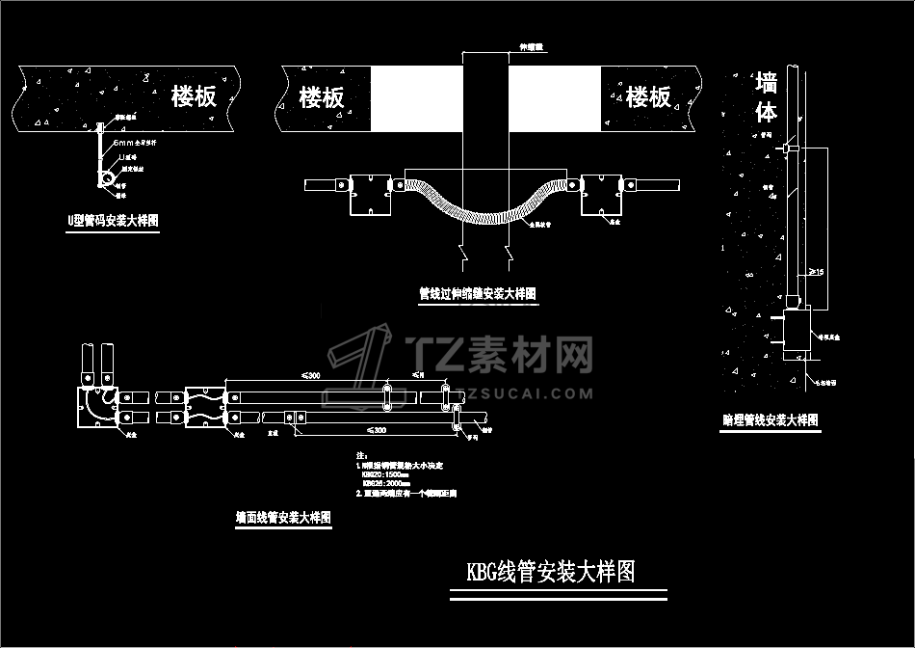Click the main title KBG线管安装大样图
[551, 572]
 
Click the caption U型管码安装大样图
[113, 221]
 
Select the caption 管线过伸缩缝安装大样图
[477, 293]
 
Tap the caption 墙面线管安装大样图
[283, 518]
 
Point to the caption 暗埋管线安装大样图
[771, 420]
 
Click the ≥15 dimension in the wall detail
[814, 273]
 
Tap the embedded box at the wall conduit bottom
[797, 332]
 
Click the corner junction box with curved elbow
[95, 406]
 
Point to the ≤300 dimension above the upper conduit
[311, 374]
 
